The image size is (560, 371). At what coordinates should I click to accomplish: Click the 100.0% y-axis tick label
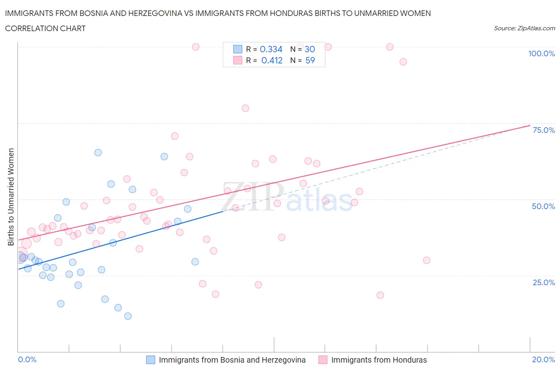coord(541,53)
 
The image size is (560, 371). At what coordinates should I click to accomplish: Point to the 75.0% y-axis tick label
coord(544,130)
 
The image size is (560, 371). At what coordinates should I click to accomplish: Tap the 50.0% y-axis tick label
coord(543,206)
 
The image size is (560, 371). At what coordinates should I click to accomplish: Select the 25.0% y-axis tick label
coord(544,282)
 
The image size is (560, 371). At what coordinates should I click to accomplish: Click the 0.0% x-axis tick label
coord(27,359)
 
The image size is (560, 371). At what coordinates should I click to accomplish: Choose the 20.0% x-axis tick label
coord(543,359)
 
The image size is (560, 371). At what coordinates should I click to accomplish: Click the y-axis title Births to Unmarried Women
coord(11,197)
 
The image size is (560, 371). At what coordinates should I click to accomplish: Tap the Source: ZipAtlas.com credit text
coord(524,28)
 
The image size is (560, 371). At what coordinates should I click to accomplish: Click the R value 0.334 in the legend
coord(271,49)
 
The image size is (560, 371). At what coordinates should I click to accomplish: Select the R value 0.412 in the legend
coord(272,60)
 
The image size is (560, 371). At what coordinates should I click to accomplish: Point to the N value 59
coord(310,60)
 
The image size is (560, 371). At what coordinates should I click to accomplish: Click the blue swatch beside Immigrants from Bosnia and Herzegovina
coord(151,360)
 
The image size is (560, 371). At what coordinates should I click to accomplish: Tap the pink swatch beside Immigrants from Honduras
coord(323,360)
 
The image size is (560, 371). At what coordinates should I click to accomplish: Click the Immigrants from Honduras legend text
coord(379,360)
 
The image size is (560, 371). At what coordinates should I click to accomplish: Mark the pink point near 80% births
coord(245,108)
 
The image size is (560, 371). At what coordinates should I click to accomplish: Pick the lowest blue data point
coord(128,316)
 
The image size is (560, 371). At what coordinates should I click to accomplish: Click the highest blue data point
coord(98,152)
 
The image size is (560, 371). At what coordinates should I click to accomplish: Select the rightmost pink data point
coord(427,260)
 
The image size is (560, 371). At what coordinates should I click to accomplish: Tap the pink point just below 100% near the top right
coord(403,61)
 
